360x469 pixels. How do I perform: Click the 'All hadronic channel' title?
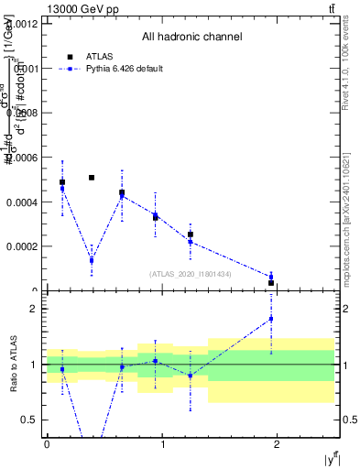pos(191,38)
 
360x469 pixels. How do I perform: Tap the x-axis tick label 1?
pos(163,444)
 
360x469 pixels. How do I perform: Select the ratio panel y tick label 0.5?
pos(31,420)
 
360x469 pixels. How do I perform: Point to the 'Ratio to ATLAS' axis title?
pos(13,365)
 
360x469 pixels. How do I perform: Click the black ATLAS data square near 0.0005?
pos(92,177)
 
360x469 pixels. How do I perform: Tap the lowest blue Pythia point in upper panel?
pos(271,277)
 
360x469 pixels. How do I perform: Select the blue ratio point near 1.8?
pos(271,319)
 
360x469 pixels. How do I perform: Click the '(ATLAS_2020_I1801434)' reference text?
pos(191,274)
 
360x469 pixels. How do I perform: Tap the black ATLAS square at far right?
pos(271,283)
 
